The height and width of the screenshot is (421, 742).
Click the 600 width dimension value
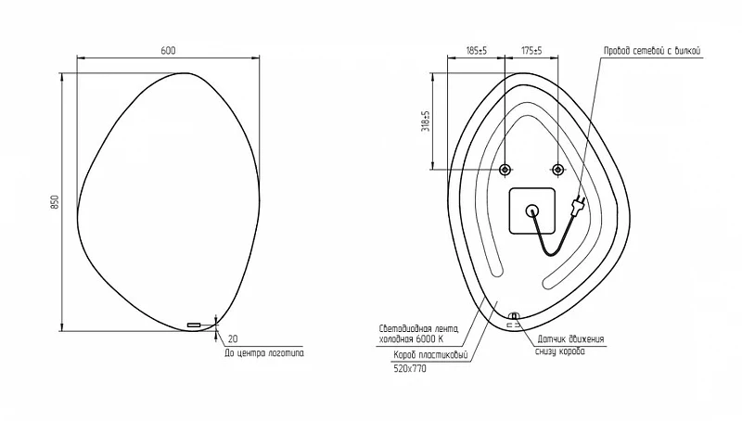tap(168, 51)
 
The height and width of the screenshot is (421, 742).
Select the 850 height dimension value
tap(55, 202)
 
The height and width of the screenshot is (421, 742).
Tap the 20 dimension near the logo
tap(233, 339)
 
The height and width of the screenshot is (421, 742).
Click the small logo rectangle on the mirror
tap(194, 325)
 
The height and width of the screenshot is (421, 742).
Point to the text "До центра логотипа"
tap(264, 353)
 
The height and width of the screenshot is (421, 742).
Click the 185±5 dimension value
tap(477, 51)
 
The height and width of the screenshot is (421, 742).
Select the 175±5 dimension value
tap(531, 51)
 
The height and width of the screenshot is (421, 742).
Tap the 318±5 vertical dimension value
tap(426, 121)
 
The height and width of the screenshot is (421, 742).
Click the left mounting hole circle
tap(505, 170)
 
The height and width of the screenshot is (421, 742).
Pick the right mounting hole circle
tap(558, 170)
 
